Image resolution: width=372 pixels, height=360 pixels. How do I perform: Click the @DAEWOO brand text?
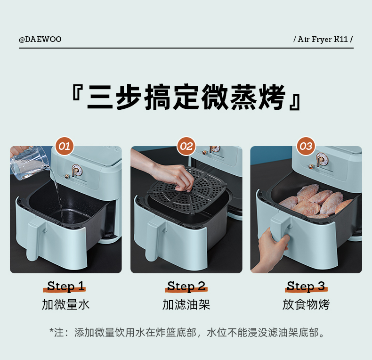pos(40,39)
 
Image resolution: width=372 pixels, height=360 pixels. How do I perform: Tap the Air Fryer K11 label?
pos(323,39)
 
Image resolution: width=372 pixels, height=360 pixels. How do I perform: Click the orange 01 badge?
pos(65,146)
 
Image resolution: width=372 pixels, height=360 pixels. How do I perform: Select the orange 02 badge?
pos(186,146)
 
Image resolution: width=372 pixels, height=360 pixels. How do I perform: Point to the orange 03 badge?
pos(306,146)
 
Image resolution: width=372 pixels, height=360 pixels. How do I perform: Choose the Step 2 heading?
pos(186,286)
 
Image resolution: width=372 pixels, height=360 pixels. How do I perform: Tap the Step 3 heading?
pos(306,286)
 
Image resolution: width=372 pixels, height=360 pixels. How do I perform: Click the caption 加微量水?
pos(66,304)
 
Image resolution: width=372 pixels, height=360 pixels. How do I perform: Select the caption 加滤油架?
pos(186,304)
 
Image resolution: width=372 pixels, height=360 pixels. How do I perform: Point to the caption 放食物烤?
pos(306,304)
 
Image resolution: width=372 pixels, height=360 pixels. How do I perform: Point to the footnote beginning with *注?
pos(187,333)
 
